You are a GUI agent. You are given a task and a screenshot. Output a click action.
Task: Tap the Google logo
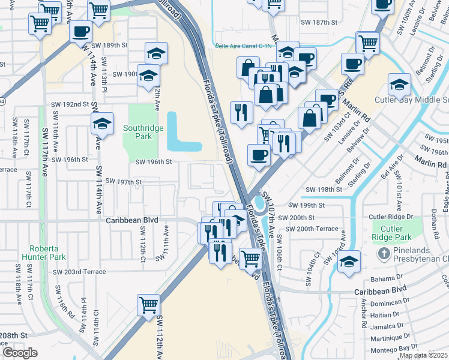pos(19,353)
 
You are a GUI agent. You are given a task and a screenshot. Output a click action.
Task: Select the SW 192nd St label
pos(68,104)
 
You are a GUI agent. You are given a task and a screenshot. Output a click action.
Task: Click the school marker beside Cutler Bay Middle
pos(399,85)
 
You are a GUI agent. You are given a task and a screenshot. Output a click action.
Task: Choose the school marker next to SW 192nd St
pos(103,124)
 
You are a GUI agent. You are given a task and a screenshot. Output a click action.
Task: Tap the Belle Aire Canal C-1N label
pos(238,46)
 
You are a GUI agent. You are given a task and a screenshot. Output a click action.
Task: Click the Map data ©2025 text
pos(423,355)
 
